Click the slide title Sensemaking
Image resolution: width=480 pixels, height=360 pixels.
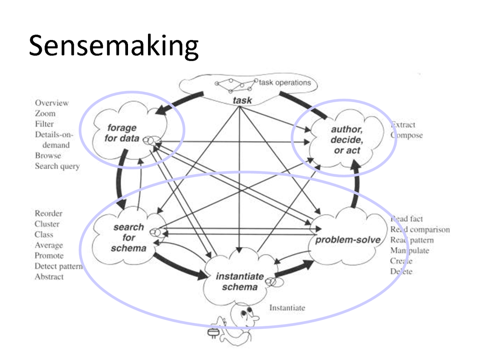113,46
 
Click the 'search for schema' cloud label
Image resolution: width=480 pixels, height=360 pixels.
128,237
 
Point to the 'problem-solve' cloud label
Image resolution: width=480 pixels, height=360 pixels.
348,240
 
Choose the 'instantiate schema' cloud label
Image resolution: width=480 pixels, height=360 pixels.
240,281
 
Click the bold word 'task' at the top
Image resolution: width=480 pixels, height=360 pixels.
242,100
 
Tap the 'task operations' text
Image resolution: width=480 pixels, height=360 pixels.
284,83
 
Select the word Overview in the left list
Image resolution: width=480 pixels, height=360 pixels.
52,103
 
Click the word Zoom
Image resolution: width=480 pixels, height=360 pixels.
45,114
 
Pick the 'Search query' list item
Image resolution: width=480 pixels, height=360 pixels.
57,166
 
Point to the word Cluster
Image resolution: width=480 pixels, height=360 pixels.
47,224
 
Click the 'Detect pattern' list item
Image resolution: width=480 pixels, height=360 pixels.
58,266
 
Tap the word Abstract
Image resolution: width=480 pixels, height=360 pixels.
49,277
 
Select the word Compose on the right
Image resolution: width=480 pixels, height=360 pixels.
407,135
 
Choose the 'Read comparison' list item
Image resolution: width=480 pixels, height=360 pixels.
420,229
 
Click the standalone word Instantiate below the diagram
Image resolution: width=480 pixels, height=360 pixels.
287,308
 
